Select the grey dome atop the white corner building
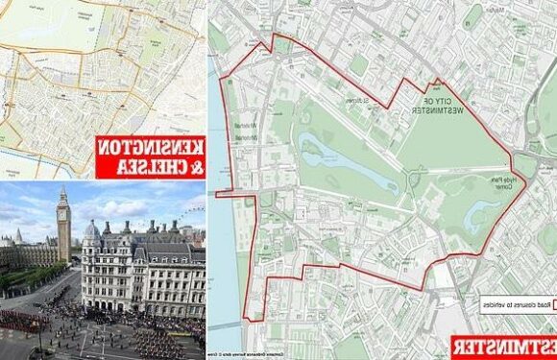(x=92, y=228)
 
